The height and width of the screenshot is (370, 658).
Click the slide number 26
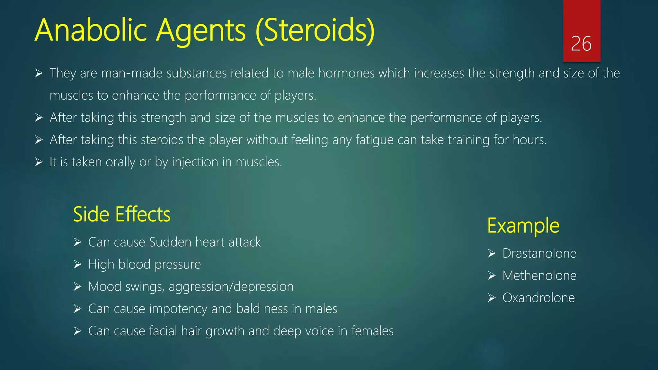(581, 44)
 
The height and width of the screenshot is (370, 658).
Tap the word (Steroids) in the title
(315, 31)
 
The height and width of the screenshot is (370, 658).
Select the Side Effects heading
(121, 214)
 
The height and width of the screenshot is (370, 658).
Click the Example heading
(523, 225)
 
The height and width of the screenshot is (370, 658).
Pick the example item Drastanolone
(539, 253)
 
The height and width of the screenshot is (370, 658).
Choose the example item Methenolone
(539, 276)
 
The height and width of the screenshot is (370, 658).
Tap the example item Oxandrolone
(538, 298)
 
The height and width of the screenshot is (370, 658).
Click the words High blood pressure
(144, 264)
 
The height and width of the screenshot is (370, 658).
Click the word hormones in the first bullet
(346, 73)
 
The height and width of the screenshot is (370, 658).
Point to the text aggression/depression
(231, 287)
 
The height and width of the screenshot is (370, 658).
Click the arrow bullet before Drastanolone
(492, 253)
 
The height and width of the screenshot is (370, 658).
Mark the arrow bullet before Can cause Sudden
(77, 242)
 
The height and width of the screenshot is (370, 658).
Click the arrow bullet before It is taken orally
(39, 162)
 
